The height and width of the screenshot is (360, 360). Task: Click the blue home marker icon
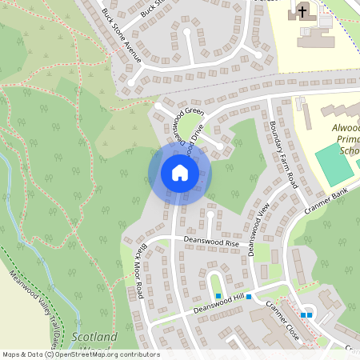coord(179,173)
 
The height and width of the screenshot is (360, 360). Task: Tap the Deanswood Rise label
coord(211,240)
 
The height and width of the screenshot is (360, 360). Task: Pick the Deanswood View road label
coord(259,231)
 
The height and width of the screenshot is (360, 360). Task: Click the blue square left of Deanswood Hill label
coord(218,296)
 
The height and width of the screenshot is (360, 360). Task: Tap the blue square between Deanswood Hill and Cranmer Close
coord(249,298)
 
